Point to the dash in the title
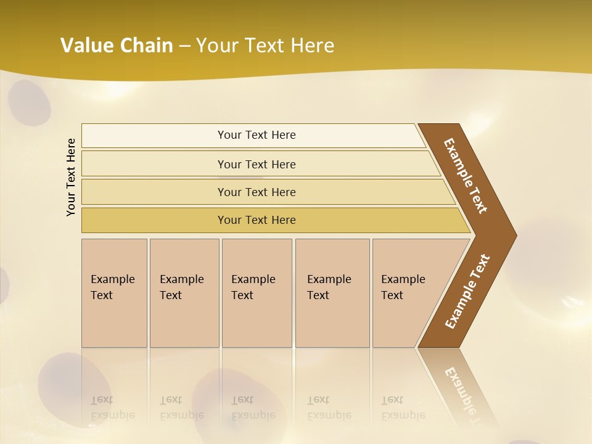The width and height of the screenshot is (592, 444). coord(184,46)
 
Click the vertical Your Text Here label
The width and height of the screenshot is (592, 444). coord(71,178)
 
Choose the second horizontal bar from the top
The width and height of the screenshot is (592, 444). coord(257,164)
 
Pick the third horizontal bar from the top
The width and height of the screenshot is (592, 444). coord(257,192)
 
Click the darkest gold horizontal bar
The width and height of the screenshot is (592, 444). coord(257,220)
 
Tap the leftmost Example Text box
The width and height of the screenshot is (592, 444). coord(114,293)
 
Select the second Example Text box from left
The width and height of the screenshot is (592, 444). coord(184,293)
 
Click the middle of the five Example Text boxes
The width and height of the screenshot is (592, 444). coord(257,293)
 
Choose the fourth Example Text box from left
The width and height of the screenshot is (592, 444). coord(332,293)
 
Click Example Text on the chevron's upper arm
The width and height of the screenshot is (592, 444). coord(466,176)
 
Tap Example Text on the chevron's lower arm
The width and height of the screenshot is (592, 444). coord(467,292)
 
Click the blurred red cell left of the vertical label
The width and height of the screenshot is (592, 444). coord(29,104)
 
